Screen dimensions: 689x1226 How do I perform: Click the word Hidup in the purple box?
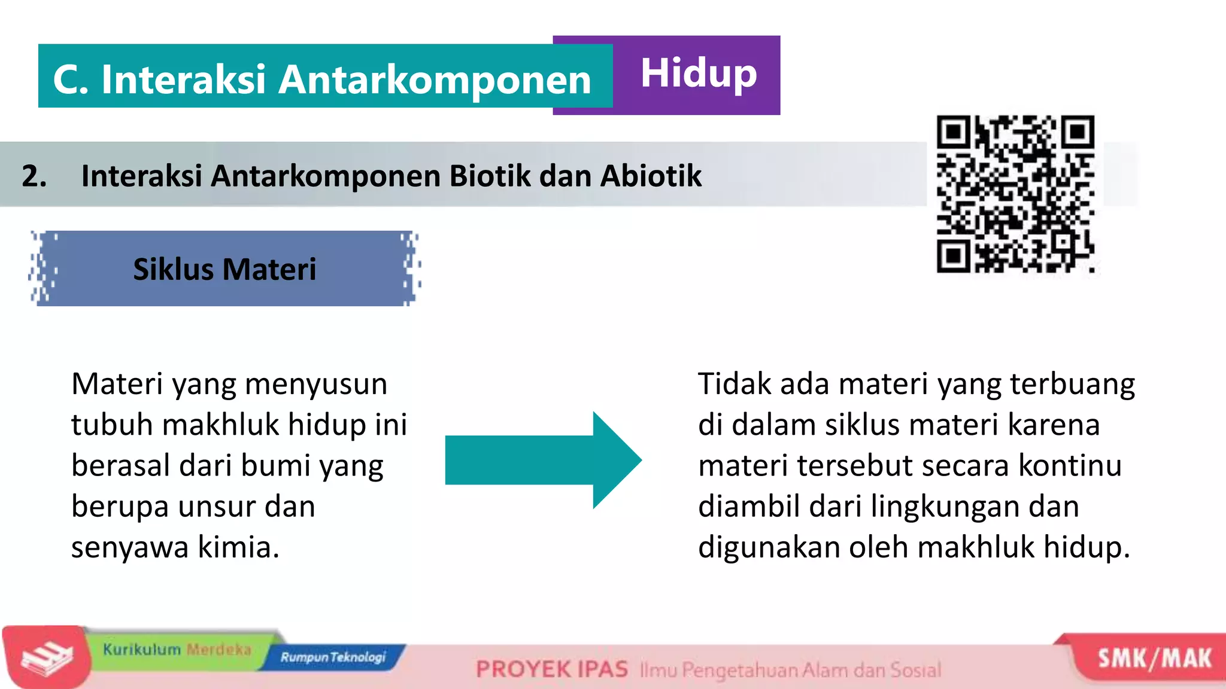point(699,74)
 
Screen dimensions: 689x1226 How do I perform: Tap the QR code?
point(1015,194)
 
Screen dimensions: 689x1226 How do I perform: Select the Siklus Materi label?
point(224,269)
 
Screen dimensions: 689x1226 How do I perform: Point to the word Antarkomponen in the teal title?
point(435,80)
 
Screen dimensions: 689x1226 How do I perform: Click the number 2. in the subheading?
point(34,176)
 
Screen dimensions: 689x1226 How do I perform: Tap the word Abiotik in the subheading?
point(651,176)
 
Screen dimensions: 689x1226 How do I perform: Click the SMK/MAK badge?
point(1154,658)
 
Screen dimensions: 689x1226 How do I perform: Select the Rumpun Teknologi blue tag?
point(333,657)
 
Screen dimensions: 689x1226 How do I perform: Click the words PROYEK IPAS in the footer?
point(551,669)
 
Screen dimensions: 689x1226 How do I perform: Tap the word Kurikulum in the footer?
point(141,650)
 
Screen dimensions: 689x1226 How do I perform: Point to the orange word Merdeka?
point(219,650)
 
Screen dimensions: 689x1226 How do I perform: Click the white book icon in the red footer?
point(46,658)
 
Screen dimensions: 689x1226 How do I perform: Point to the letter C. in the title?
point(71,80)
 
